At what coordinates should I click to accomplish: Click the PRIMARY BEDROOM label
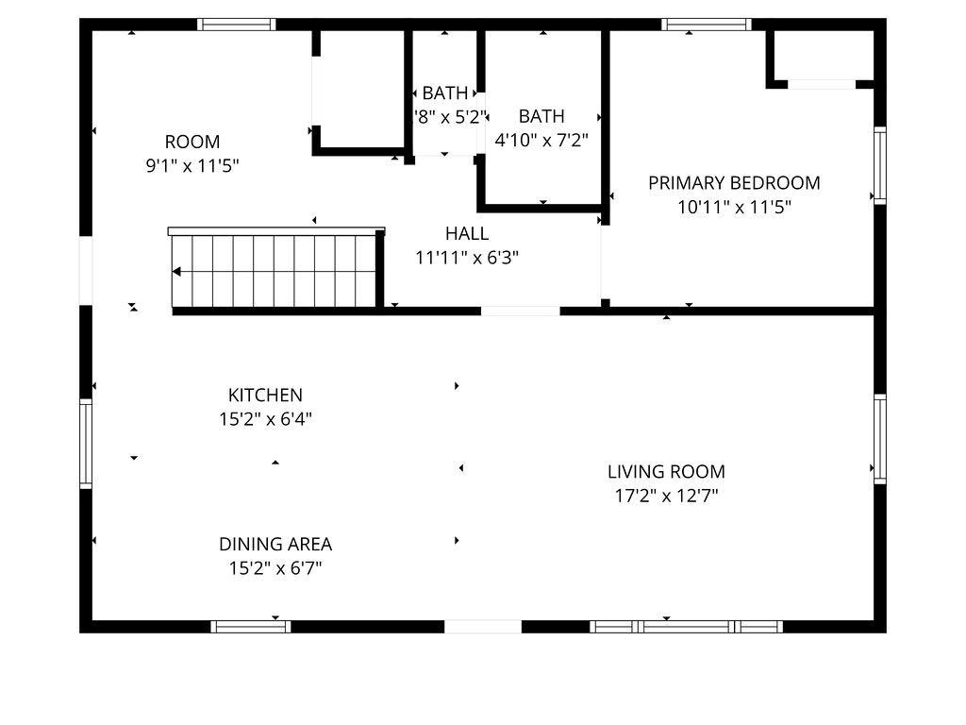coord(734,183)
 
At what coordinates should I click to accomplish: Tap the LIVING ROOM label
coord(666,472)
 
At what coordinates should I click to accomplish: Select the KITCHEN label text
coord(265,396)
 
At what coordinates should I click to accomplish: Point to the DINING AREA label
coord(275,545)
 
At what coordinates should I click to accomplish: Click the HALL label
coord(467,234)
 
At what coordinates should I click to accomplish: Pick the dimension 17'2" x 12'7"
coord(667,496)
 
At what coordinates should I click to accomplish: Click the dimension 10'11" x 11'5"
coord(734,207)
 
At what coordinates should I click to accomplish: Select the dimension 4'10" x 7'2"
coord(541,141)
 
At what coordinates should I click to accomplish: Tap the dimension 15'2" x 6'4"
coord(265,419)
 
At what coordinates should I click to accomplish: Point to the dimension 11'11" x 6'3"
coord(467,258)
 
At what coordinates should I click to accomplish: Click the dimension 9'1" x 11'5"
coord(192,166)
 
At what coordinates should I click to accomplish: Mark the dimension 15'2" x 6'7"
coord(275,568)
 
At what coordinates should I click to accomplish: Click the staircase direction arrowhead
coord(176,271)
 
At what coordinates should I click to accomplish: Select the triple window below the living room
coord(687,627)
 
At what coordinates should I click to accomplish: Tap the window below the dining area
coord(251,627)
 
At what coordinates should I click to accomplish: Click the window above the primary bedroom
coord(707,25)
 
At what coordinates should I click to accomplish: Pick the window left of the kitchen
coord(86,444)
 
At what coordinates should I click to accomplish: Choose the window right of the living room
coord(880,439)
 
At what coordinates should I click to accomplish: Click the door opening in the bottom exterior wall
coord(483,627)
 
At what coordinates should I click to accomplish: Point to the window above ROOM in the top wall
coord(237,25)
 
